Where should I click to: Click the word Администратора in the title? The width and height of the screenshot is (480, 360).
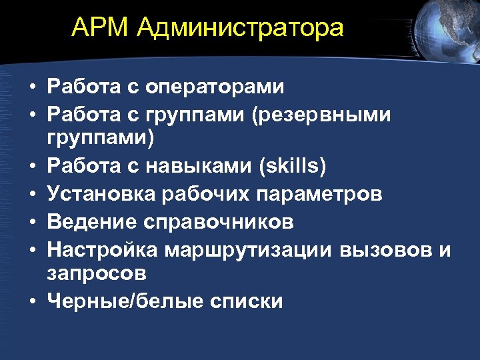pyautogui.click(x=242, y=29)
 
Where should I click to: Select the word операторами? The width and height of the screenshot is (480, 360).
pyautogui.click(x=215, y=87)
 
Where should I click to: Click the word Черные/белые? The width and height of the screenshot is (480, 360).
pyautogui.click(x=125, y=301)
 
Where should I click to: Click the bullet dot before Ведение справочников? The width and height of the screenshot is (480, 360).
pyautogui.click(x=32, y=221)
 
